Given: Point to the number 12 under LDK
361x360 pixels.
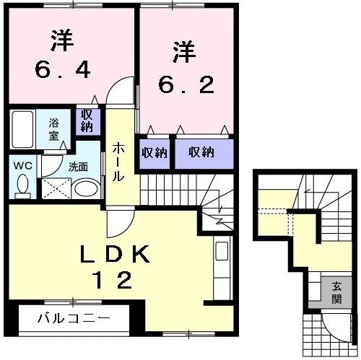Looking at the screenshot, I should click(x=113, y=278).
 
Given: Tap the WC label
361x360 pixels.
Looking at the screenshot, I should click(x=21, y=164).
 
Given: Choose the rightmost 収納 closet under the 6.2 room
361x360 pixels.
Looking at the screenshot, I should click(x=202, y=152).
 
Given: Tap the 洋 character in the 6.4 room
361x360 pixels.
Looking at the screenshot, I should click(x=64, y=39).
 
